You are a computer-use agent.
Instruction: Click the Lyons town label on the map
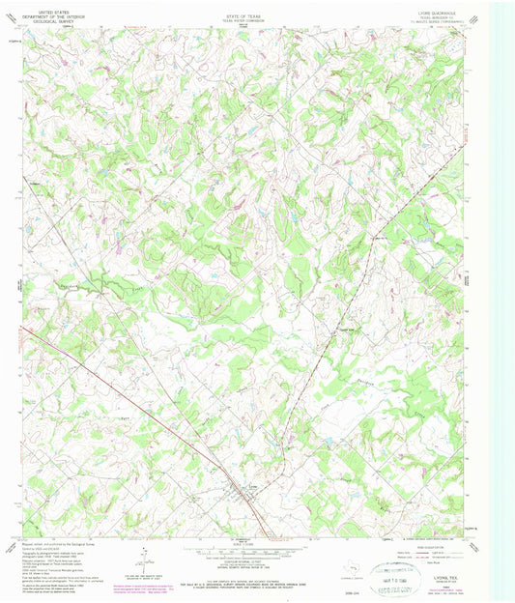[x=252, y=485]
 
